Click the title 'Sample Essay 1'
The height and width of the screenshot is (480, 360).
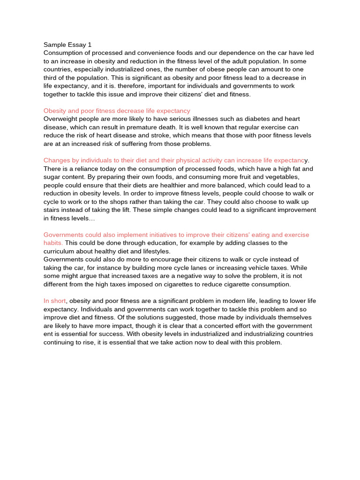[67, 45]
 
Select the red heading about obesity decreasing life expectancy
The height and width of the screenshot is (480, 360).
[117, 111]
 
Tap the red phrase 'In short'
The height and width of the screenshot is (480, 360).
[55, 300]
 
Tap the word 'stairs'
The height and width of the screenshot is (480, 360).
[52, 202]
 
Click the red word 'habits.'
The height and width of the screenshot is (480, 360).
[53, 243]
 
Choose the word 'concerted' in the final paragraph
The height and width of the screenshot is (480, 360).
[241, 325]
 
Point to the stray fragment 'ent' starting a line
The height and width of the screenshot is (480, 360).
[49, 334]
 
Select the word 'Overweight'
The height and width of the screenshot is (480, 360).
[61, 119]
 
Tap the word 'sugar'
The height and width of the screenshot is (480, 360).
[52, 177]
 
